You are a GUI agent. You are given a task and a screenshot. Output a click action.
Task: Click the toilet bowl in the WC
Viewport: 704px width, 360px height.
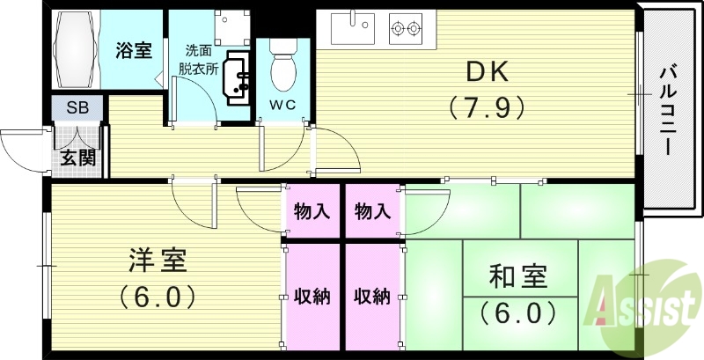point(282,70)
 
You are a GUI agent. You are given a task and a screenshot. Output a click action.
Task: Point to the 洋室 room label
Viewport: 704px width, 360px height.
point(157,261)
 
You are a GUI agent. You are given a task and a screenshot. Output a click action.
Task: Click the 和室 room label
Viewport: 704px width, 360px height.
point(518,277)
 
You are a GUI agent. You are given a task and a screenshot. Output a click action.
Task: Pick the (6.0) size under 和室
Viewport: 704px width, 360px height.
point(518,312)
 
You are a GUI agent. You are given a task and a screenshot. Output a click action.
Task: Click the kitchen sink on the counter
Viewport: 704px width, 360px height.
point(352,28)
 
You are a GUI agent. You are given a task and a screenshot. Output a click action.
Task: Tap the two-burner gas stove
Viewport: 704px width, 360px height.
point(406,29)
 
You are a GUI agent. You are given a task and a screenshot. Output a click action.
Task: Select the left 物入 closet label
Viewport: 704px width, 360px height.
point(312,211)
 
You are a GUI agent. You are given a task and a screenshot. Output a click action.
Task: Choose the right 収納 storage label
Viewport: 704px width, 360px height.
point(372,296)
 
